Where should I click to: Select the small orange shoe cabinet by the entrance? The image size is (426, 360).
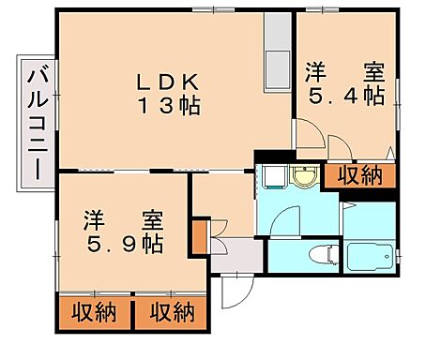tap(199, 235)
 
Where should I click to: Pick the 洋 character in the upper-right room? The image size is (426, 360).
tap(314, 72)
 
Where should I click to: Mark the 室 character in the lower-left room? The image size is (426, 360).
tap(153, 221)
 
